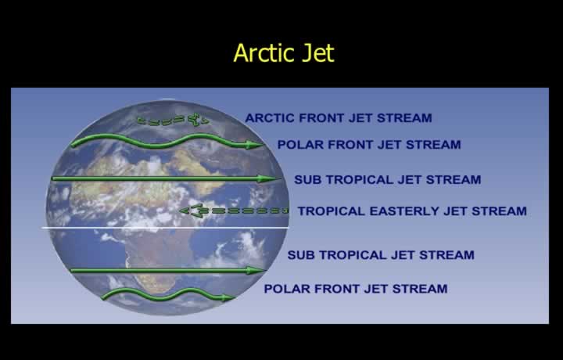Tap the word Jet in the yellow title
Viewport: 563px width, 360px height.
point(318,52)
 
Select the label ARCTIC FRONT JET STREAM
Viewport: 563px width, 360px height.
point(339,118)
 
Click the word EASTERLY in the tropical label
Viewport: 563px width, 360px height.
point(404,211)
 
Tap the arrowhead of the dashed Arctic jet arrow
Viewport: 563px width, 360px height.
point(199,119)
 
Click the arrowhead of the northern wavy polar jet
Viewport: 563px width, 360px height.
point(255,145)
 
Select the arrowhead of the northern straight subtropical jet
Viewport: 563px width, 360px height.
point(268,178)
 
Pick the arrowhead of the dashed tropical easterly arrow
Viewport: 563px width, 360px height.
point(191,211)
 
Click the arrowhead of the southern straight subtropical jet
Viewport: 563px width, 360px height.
point(256,270)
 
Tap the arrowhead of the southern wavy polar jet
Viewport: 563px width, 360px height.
point(228,297)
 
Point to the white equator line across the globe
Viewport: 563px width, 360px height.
point(165,228)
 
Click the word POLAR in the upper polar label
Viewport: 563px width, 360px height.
point(300,145)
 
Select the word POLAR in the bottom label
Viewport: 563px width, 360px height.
point(287,289)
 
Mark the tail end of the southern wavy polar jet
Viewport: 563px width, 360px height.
point(104,297)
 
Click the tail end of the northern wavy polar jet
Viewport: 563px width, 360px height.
point(74,145)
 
